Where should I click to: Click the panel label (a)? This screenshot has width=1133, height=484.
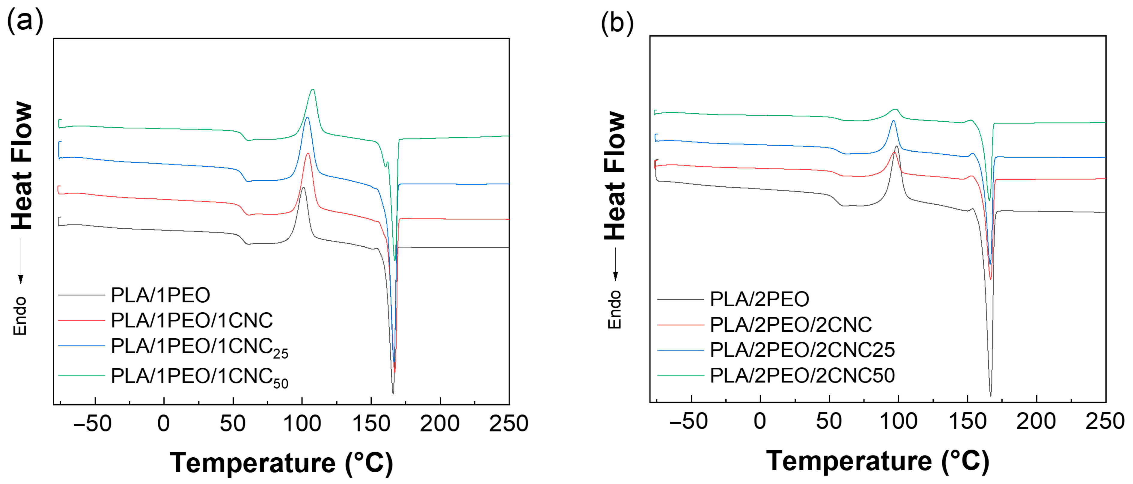point(25,21)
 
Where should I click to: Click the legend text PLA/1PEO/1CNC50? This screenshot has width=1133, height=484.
point(199,377)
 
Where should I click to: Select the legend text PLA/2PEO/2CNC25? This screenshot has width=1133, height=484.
point(802,350)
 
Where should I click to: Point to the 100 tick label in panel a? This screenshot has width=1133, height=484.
point(302,424)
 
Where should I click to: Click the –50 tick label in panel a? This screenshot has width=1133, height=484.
point(92,424)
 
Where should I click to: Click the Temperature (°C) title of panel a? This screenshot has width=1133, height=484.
point(281,463)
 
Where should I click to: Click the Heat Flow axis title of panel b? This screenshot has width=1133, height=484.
point(614,176)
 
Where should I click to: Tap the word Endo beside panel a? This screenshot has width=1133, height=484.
point(20,316)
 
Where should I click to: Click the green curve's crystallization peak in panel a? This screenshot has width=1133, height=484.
point(313,90)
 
